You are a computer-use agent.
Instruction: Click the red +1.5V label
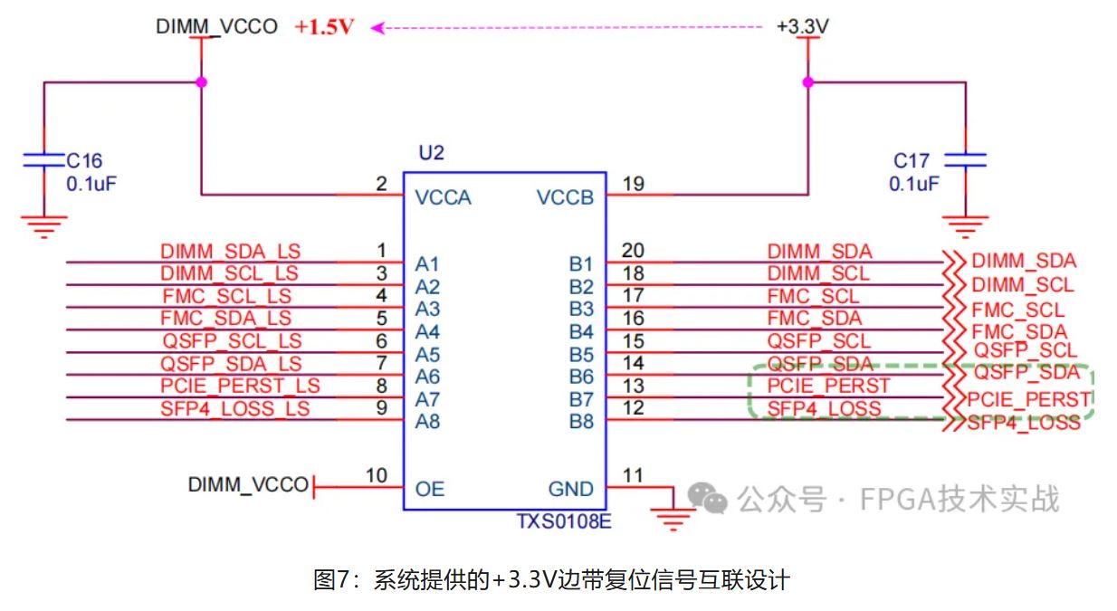click(x=324, y=27)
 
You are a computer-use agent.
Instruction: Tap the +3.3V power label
click(x=802, y=27)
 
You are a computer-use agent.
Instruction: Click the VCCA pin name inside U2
click(x=443, y=197)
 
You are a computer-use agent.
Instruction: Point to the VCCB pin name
click(x=565, y=197)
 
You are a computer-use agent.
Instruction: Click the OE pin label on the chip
click(x=430, y=489)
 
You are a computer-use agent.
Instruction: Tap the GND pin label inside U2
click(x=571, y=489)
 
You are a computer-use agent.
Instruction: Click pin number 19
click(x=634, y=185)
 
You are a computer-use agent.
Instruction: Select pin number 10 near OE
click(x=377, y=476)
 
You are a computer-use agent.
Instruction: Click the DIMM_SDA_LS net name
click(x=230, y=252)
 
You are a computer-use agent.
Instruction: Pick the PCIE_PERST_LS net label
click(x=240, y=387)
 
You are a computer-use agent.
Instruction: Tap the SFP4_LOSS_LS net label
click(x=234, y=409)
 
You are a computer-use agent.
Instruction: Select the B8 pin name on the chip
click(x=581, y=421)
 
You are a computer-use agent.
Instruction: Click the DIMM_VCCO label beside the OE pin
click(x=248, y=485)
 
